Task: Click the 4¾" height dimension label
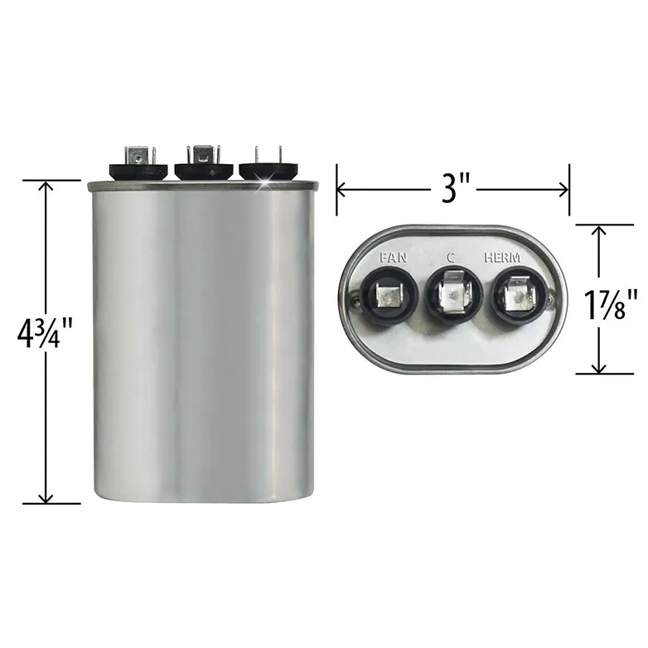coord(45,333)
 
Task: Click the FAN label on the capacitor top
coord(393,258)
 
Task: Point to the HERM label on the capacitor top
coord(502,258)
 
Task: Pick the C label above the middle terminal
coord(451,258)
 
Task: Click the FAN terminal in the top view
coord(389,296)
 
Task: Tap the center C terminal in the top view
coord(454,295)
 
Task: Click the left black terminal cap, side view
coord(138,171)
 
